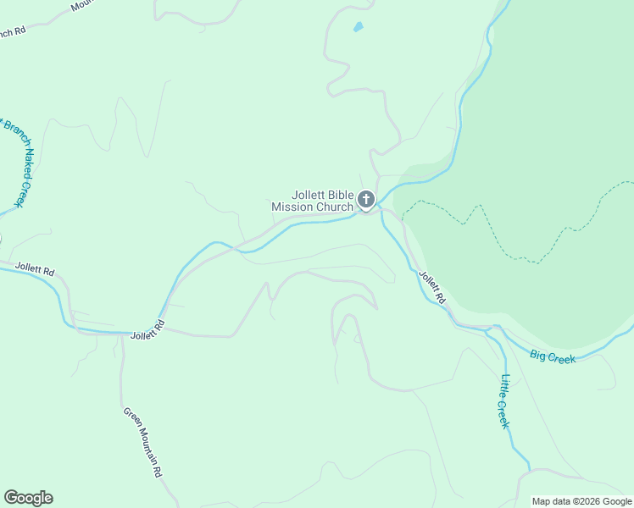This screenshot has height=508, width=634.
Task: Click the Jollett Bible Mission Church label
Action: click(x=312, y=201)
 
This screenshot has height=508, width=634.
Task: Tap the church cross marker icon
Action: click(x=366, y=200)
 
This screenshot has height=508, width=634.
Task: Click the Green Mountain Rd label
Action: click(x=142, y=443)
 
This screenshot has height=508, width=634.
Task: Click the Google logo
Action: click(x=28, y=498)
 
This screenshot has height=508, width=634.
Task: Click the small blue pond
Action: click(x=359, y=27)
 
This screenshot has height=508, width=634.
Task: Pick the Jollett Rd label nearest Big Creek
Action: click(x=432, y=287)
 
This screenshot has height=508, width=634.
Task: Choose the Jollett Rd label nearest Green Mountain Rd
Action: click(x=147, y=330)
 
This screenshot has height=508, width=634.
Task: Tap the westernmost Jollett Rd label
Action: click(x=35, y=271)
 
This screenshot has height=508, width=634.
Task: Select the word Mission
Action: click(x=291, y=207)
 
